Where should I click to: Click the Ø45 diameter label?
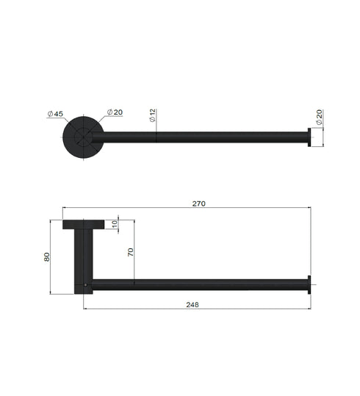[x=54, y=114]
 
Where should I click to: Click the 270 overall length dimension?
[x=198, y=203]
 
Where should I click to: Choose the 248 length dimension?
[x=192, y=303]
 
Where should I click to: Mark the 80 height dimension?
[x=47, y=256]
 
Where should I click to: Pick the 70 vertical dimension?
[x=131, y=252]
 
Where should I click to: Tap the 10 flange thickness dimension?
[x=115, y=224]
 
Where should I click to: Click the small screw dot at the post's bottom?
[x=87, y=284]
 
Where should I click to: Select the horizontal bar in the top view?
[x=198, y=137]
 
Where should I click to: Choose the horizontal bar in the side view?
[x=198, y=284]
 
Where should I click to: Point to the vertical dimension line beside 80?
[x=53, y=256]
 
